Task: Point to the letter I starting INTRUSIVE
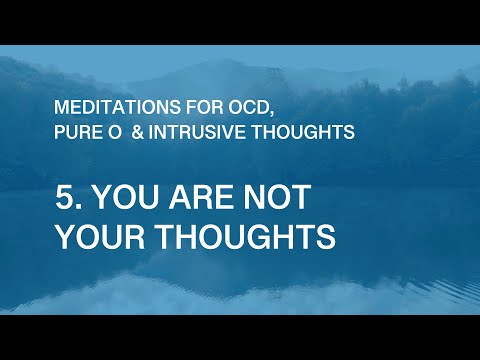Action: click(x=146, y=131)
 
